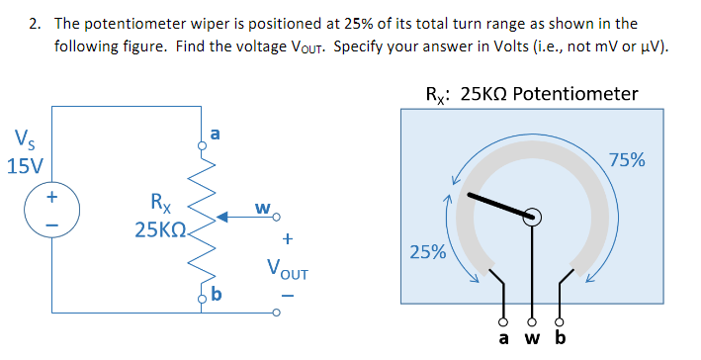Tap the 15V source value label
tap(23, 164)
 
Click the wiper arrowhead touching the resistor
tap(223, 213)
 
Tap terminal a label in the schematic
tap(216, 132)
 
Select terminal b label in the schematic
tap(216, 294)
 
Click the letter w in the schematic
tap(262, 208)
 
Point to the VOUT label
tap(286, 267)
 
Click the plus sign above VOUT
tap(288, 238)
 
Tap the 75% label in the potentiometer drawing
tap(627, 159)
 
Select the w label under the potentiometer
tap(534, 340)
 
